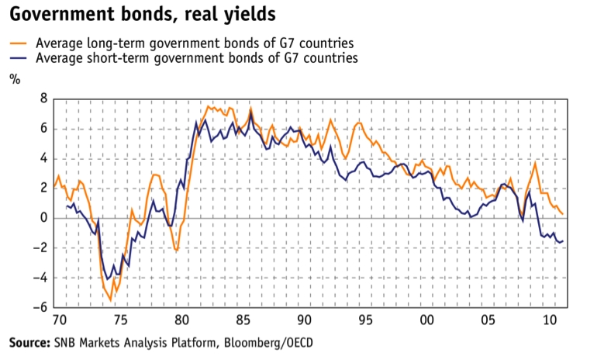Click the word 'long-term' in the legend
click(x=102, y=43)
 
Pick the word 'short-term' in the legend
click(x=105, y=57)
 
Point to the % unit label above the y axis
click(x=13, y=79)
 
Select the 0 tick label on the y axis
click(x=44, y=218)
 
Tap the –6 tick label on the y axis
click(x=40, y=308)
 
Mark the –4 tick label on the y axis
click(x=40, y=278)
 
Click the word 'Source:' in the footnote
click(x=29, y=342)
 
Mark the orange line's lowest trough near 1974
click(x=110, y=299)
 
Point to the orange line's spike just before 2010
click(x=534, y=163)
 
